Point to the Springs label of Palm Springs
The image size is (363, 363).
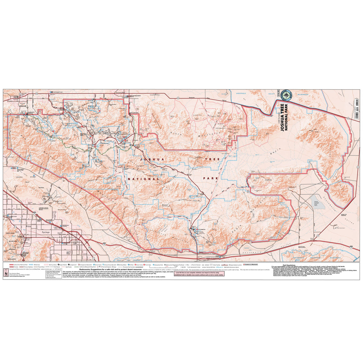44,233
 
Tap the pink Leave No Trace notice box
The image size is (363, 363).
200,274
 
